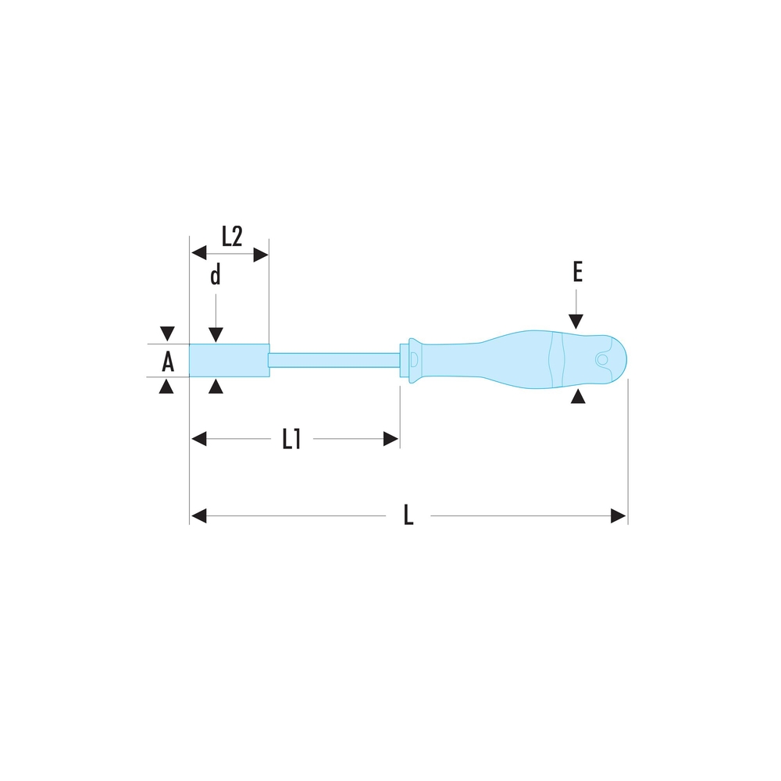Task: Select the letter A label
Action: coord(168,361)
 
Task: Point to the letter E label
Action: coord(577,272)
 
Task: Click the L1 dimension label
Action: coord(291,439)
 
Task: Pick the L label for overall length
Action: coord(408,515)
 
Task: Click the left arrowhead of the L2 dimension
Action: coord(198,252)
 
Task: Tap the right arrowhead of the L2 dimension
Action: coord(261,255)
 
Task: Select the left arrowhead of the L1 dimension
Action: coord(198,439)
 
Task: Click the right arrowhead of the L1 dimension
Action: coord(391,439)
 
